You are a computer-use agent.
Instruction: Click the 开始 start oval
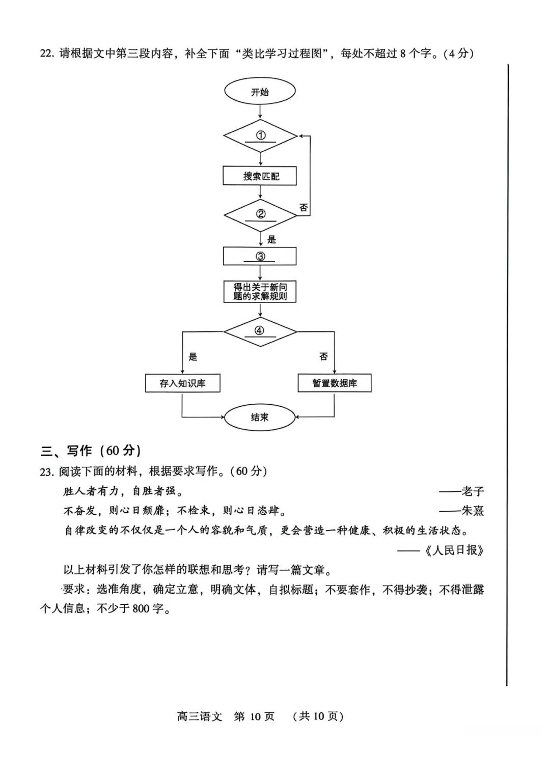coord(260,92)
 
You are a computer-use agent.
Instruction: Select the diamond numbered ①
coord(260,136)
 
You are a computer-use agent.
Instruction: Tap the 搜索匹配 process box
coord(260,176)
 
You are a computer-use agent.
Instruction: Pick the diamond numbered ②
coord(260,215)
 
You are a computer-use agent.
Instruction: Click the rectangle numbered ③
coord(260,256)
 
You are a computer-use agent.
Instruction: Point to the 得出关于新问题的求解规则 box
coord(260,292)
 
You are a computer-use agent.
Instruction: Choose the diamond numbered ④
coord(260,331)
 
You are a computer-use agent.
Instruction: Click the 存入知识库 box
coord(182,383)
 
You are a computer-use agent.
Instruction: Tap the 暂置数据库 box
coord(335,383)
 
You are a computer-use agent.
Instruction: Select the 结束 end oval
coord(260,418)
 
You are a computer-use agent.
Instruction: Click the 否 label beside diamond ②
coord(304,207)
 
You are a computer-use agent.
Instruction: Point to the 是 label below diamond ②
coord(271,239)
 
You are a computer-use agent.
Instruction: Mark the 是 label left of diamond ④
coord(193,357)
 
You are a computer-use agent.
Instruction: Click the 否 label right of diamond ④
coord(323,357)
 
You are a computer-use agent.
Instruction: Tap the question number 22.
coord(46,53)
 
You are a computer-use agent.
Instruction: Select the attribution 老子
coord(472,491)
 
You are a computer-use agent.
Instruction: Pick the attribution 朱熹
coord(472,511)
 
